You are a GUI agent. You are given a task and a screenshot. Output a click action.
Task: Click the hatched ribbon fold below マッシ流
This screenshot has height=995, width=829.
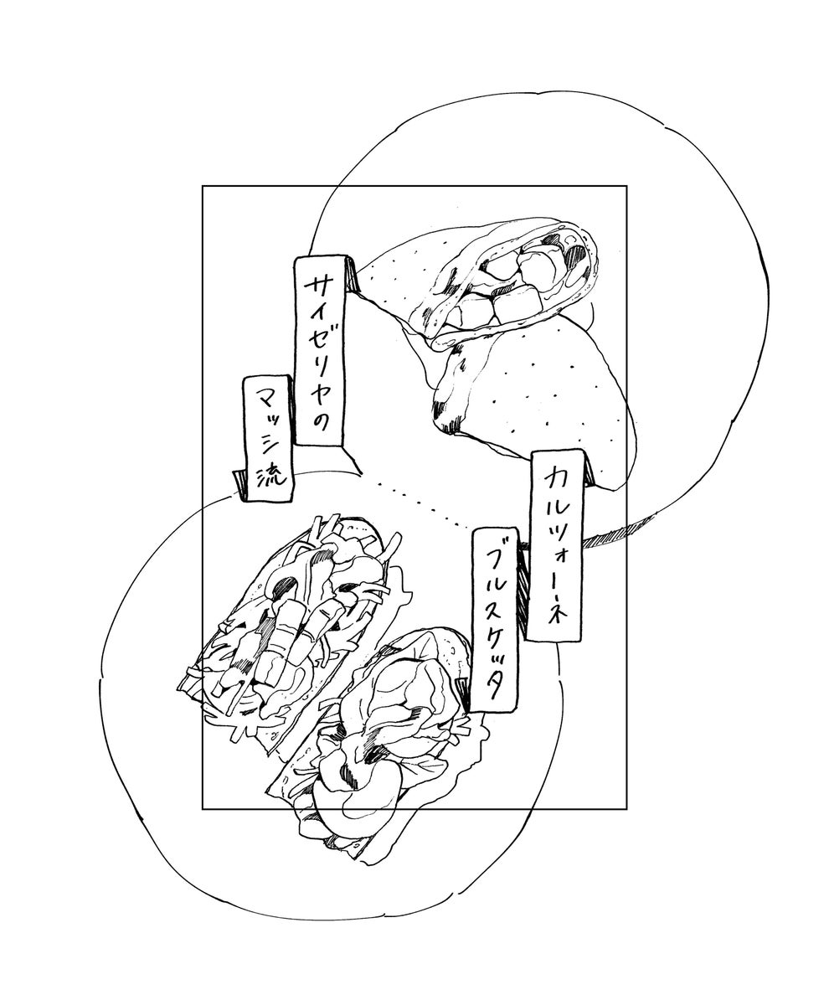(x=239, y=486)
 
